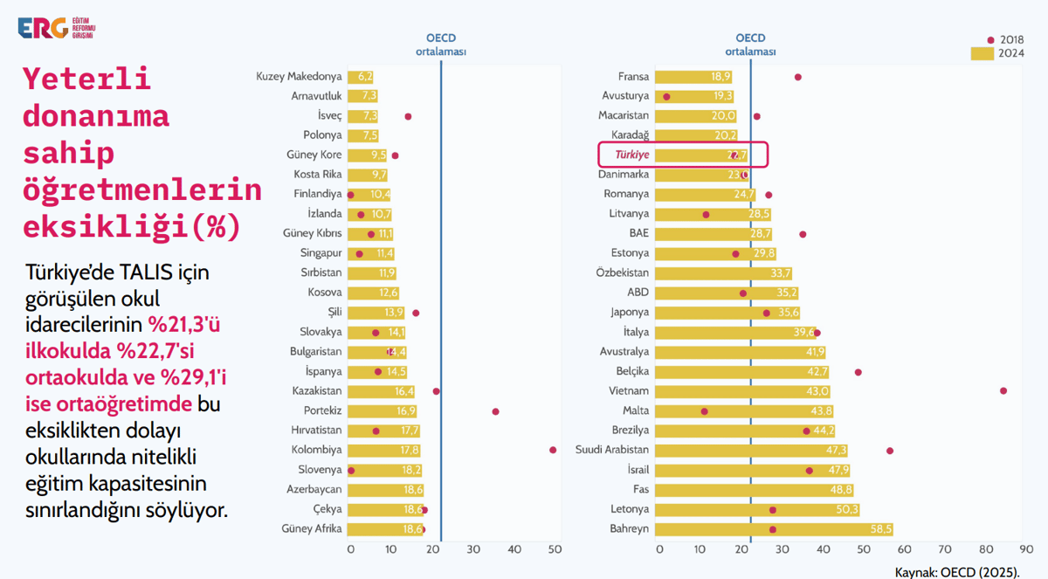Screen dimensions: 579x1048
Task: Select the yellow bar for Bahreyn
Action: [773, 529]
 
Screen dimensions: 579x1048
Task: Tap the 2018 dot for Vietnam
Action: [1003, 391]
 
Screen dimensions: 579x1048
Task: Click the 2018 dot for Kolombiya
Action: [553, 450]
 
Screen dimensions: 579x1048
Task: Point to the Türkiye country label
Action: [632, 155]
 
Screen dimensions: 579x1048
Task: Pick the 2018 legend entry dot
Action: [990, 40]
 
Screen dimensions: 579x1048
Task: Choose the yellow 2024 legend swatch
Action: [982, 54]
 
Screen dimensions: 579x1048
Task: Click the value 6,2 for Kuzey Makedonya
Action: [365, 77]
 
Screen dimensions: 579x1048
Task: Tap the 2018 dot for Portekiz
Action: [495, 411]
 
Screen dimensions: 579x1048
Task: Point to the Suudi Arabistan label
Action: [612, 450]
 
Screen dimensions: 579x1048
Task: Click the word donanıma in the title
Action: [96, 116]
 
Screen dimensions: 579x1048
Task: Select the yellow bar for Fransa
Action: [693, 77]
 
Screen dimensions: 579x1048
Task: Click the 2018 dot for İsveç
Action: [408, 116]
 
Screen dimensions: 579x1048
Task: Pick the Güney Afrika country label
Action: [312, 529]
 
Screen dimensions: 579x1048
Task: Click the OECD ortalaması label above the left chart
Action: [441, 45]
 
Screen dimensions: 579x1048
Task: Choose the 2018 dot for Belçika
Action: [858, 372]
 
